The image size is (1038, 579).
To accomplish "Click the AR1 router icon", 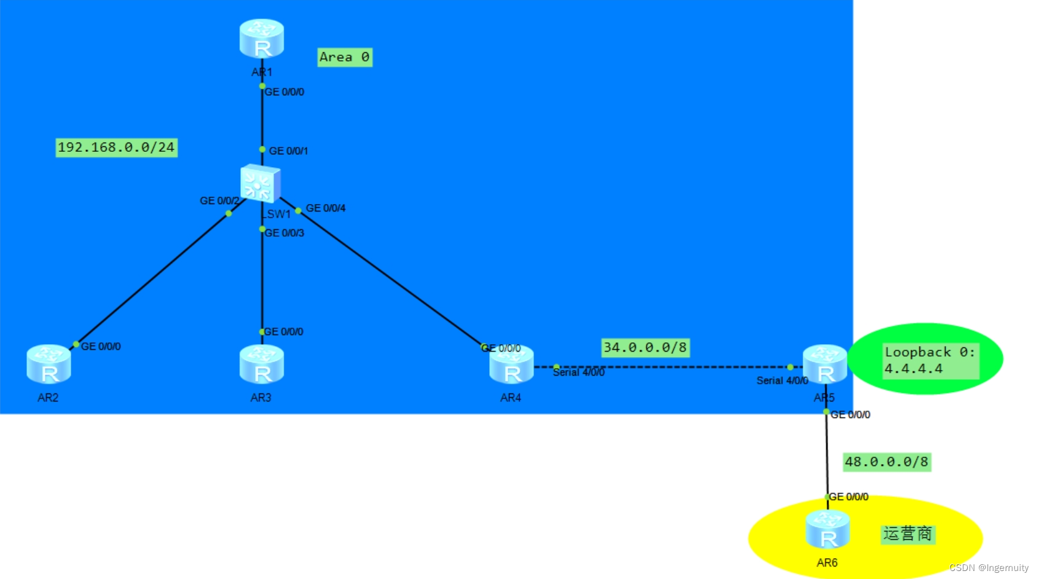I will coord(262,38).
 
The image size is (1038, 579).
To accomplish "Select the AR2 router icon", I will coord(49,364).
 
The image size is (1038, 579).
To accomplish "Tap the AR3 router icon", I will coord(262,364).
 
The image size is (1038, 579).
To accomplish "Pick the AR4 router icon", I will coord(511,365).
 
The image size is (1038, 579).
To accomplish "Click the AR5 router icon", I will coord(825,364).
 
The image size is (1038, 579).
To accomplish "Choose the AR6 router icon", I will coord(827,530).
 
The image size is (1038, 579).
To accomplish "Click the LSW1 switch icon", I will coord(260,183).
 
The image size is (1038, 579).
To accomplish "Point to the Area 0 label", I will coord(344,57).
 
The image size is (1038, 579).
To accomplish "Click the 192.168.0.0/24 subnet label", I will coord(116,148).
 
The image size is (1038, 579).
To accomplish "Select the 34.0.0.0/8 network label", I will coord(645,348).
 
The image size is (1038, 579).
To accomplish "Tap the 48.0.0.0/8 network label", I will coord(886,462).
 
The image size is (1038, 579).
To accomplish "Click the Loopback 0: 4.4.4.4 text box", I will coord(930,360).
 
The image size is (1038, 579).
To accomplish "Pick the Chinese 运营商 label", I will coord(907,534).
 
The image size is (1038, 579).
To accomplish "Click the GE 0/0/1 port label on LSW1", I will coord(288,151).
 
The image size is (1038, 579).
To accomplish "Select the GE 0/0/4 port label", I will coord(326,208).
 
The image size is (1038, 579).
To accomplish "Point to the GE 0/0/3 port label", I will coord(284,233).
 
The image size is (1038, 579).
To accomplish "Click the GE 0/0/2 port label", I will coord(219,201).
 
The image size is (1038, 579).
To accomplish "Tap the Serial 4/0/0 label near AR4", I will coord(578,372).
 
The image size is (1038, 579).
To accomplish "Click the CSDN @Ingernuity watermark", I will coord(988,568).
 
